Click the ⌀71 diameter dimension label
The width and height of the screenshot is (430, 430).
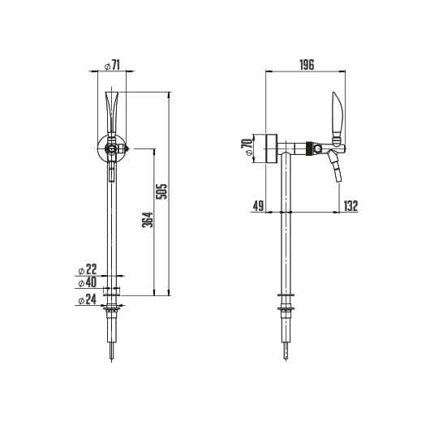point(113,64)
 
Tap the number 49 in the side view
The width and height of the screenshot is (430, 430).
point(259,206)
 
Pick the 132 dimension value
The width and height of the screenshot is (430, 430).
point(350,206)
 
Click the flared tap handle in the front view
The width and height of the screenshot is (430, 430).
point(112,110)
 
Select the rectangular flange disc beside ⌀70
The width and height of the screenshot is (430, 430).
point(264,148)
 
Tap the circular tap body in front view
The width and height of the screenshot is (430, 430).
point(109,148)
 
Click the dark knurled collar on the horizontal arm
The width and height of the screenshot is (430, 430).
point(309,148)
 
